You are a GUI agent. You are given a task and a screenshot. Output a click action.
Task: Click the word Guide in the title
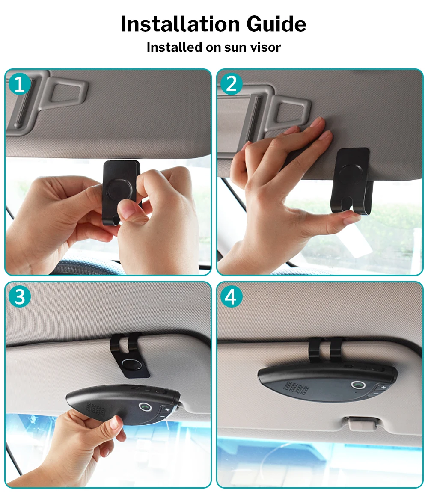[x=276, y=24]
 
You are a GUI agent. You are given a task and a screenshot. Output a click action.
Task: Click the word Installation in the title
[x=180, y=24]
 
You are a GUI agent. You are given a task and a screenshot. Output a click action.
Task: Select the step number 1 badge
[x=19, y=84]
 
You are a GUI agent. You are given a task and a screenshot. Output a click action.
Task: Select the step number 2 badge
[x=232, y=84]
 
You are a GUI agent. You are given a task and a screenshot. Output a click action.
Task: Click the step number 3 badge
[x=19, y=296]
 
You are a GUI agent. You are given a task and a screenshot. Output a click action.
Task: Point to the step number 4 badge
[x=232, y=296]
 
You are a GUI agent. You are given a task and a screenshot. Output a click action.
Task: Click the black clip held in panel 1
[x=120, y=188]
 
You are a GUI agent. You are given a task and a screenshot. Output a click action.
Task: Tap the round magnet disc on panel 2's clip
[x=351, y=176]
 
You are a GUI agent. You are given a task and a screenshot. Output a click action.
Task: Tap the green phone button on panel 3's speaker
[x=146, y=407]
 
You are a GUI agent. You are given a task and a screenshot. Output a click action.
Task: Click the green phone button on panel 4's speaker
[x=358, y=385]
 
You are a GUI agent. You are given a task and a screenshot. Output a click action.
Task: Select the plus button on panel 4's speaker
[x=383, y=388]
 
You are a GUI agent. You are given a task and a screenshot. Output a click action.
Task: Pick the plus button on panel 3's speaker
[x=167, y=410]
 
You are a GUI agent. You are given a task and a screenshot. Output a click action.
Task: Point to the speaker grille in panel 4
[x=296, y=388]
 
